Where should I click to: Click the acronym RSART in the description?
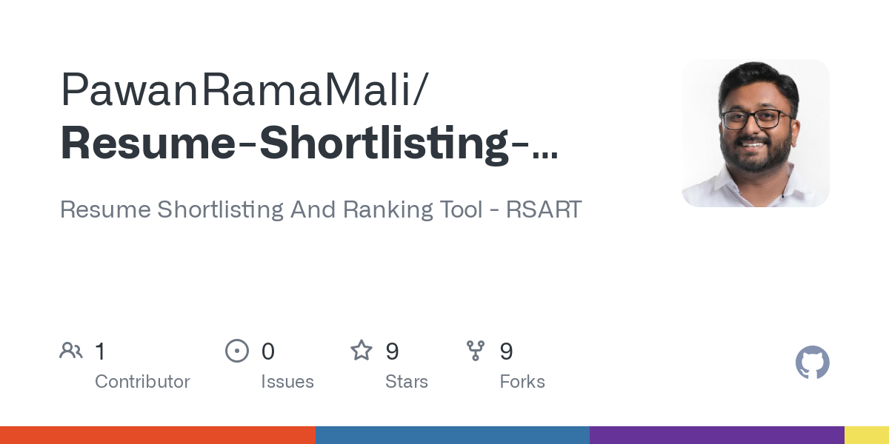pos(544,209)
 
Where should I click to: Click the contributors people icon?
pos(71,351)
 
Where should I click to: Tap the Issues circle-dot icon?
pos(237,351)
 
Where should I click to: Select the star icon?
pos(362,351)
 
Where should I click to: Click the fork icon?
pos(476,351)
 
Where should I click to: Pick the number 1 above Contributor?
pos(100,351)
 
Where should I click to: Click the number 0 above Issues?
pos(268,351)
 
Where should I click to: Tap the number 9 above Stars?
pos(392,351)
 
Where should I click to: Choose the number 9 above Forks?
pos(506,351)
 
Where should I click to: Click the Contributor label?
pos(142,382)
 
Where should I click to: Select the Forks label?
pos(522,382)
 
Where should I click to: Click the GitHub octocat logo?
pos(813,363)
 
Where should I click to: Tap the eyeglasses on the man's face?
pos(754,118)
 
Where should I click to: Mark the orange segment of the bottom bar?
pos(157,435)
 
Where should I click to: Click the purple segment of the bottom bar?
pos(716,435)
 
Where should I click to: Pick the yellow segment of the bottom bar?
pos(866,435)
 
